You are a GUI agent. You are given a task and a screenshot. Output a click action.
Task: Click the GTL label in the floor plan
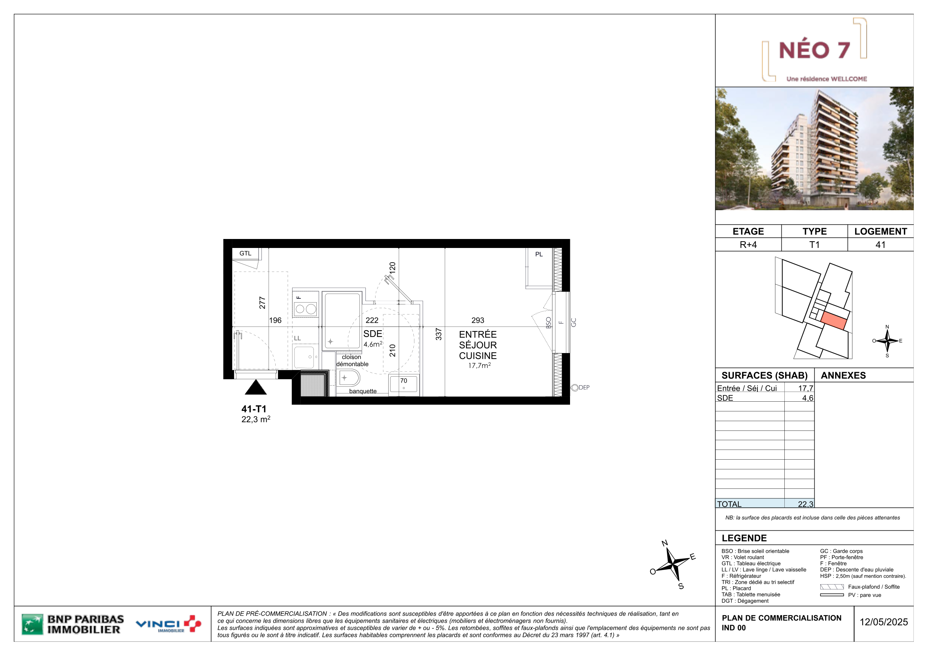245,254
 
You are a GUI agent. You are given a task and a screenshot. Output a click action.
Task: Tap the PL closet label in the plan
539,254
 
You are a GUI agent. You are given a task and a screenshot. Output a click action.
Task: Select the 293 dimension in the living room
478,320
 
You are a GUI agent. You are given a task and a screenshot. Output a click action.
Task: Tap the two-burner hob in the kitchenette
306,309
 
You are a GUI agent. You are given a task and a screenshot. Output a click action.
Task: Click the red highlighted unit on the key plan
833,321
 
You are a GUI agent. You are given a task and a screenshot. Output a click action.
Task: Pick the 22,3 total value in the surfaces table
805,504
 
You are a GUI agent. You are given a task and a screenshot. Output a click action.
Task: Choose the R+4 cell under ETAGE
748,245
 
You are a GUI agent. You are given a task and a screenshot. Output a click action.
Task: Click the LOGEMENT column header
880,231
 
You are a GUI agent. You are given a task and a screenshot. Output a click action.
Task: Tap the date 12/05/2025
883,622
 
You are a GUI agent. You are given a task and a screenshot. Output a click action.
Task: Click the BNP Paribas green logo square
32,625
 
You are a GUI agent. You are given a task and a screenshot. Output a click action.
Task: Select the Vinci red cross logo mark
192,624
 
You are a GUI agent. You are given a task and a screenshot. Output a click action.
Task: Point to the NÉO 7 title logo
814,50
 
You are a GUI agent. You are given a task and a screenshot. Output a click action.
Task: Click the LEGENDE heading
744,538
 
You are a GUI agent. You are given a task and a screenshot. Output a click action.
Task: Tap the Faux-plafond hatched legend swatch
832,587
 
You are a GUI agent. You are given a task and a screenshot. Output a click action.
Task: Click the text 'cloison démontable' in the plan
352,361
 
